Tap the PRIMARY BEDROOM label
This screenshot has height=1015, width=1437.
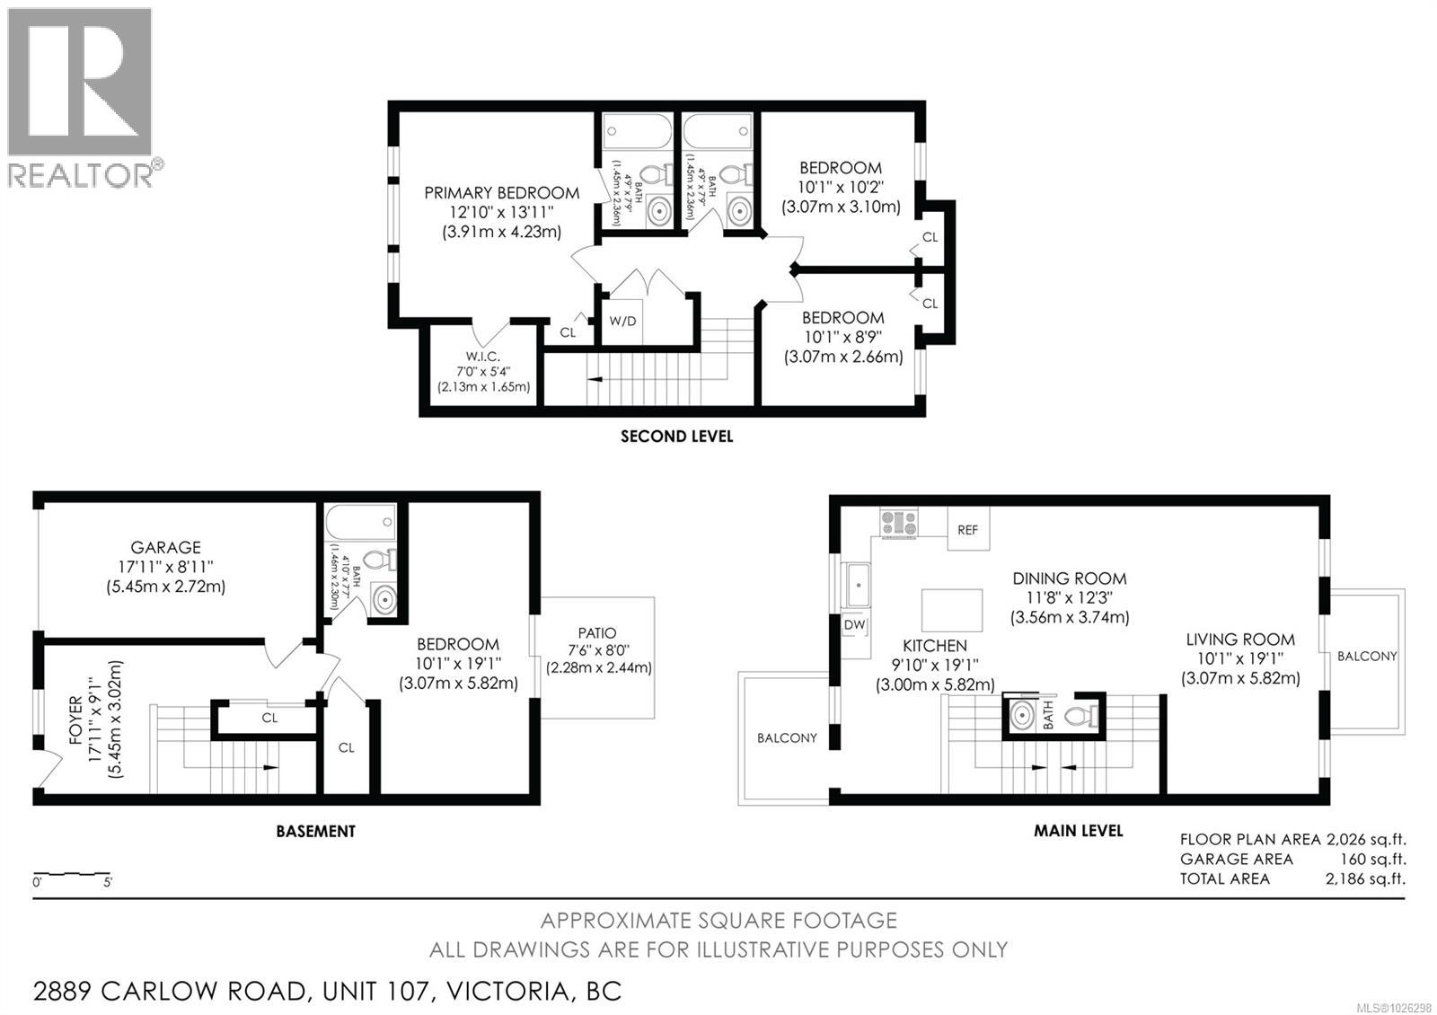(501, 193)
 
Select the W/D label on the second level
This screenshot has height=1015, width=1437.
(622, 321)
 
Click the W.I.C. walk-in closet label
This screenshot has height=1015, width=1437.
(482, 357)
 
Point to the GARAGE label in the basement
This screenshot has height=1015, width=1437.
(165, 547)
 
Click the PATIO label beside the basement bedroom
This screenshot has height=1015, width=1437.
(597, 633)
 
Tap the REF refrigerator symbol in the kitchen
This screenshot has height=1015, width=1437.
(967, 530)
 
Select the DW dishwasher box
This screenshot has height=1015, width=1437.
(854, 624)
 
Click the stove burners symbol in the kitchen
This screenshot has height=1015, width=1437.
(899, 523)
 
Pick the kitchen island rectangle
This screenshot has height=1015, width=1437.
(952, 611)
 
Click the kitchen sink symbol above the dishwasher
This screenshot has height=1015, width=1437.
(856, 585)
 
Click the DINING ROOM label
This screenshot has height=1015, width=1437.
(1069, 579)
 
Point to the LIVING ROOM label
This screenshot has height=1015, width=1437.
(1239, 640)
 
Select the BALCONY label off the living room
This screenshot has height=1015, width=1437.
(1366, 657)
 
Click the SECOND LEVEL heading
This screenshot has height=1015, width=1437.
(676, 437)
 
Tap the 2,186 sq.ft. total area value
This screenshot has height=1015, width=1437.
(1365, 878)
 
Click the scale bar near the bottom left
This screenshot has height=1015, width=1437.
(72, 874)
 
